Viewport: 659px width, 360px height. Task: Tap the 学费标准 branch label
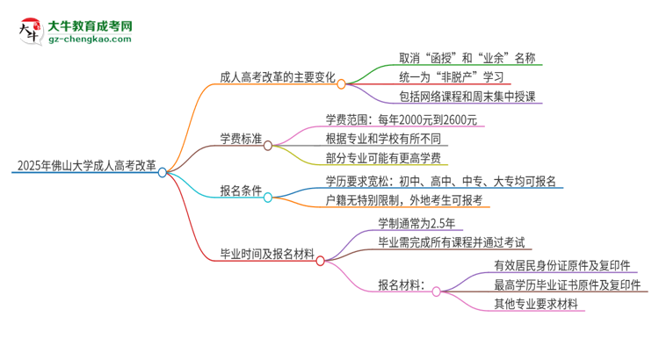click(x=241, y=136)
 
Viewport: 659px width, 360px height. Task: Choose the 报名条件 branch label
click(x=241, y=190)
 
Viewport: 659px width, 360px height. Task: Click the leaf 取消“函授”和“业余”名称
click(x=454, y=59)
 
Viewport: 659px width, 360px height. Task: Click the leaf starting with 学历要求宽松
click(x=440, y=182)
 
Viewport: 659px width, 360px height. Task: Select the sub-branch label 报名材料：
click(x=402, y=284)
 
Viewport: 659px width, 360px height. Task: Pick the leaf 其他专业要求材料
click(x=536, y=304)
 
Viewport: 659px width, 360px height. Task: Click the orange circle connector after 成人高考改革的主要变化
click(x=341, y=84)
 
